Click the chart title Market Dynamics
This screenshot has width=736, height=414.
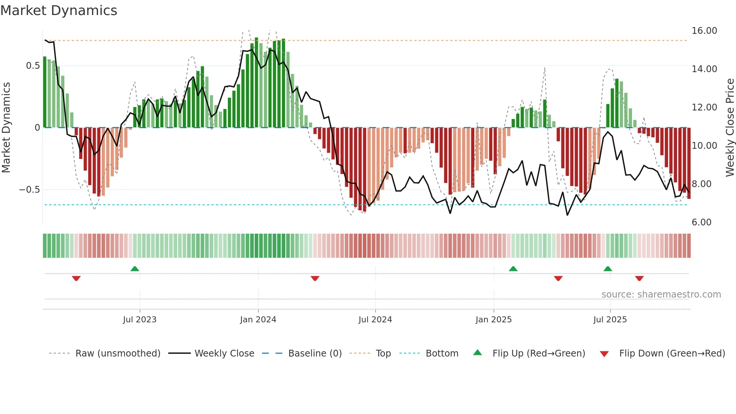pos(59,11)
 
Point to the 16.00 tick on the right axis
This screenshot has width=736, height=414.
pos(704,31)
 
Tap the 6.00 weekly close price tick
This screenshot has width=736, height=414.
pos(701,222)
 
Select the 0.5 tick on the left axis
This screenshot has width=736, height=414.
pos(33,66)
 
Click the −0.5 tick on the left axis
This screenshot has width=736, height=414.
pos(29,190)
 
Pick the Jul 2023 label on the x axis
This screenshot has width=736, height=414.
pos(140,320)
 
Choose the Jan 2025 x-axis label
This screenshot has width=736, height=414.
pos(493,320)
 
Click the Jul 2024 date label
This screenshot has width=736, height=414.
pos(375,320)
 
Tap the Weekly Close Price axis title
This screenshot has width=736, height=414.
pos(730,128)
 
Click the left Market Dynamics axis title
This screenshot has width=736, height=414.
pos(6,128)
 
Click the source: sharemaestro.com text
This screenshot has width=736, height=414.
pos(661,295)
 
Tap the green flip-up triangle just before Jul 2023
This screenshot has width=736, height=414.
pos(135,269)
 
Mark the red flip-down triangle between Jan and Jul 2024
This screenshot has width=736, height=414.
pos(315,278)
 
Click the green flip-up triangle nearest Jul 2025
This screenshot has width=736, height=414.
pos(608,269)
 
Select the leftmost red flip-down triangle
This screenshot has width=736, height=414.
pos(76,278)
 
